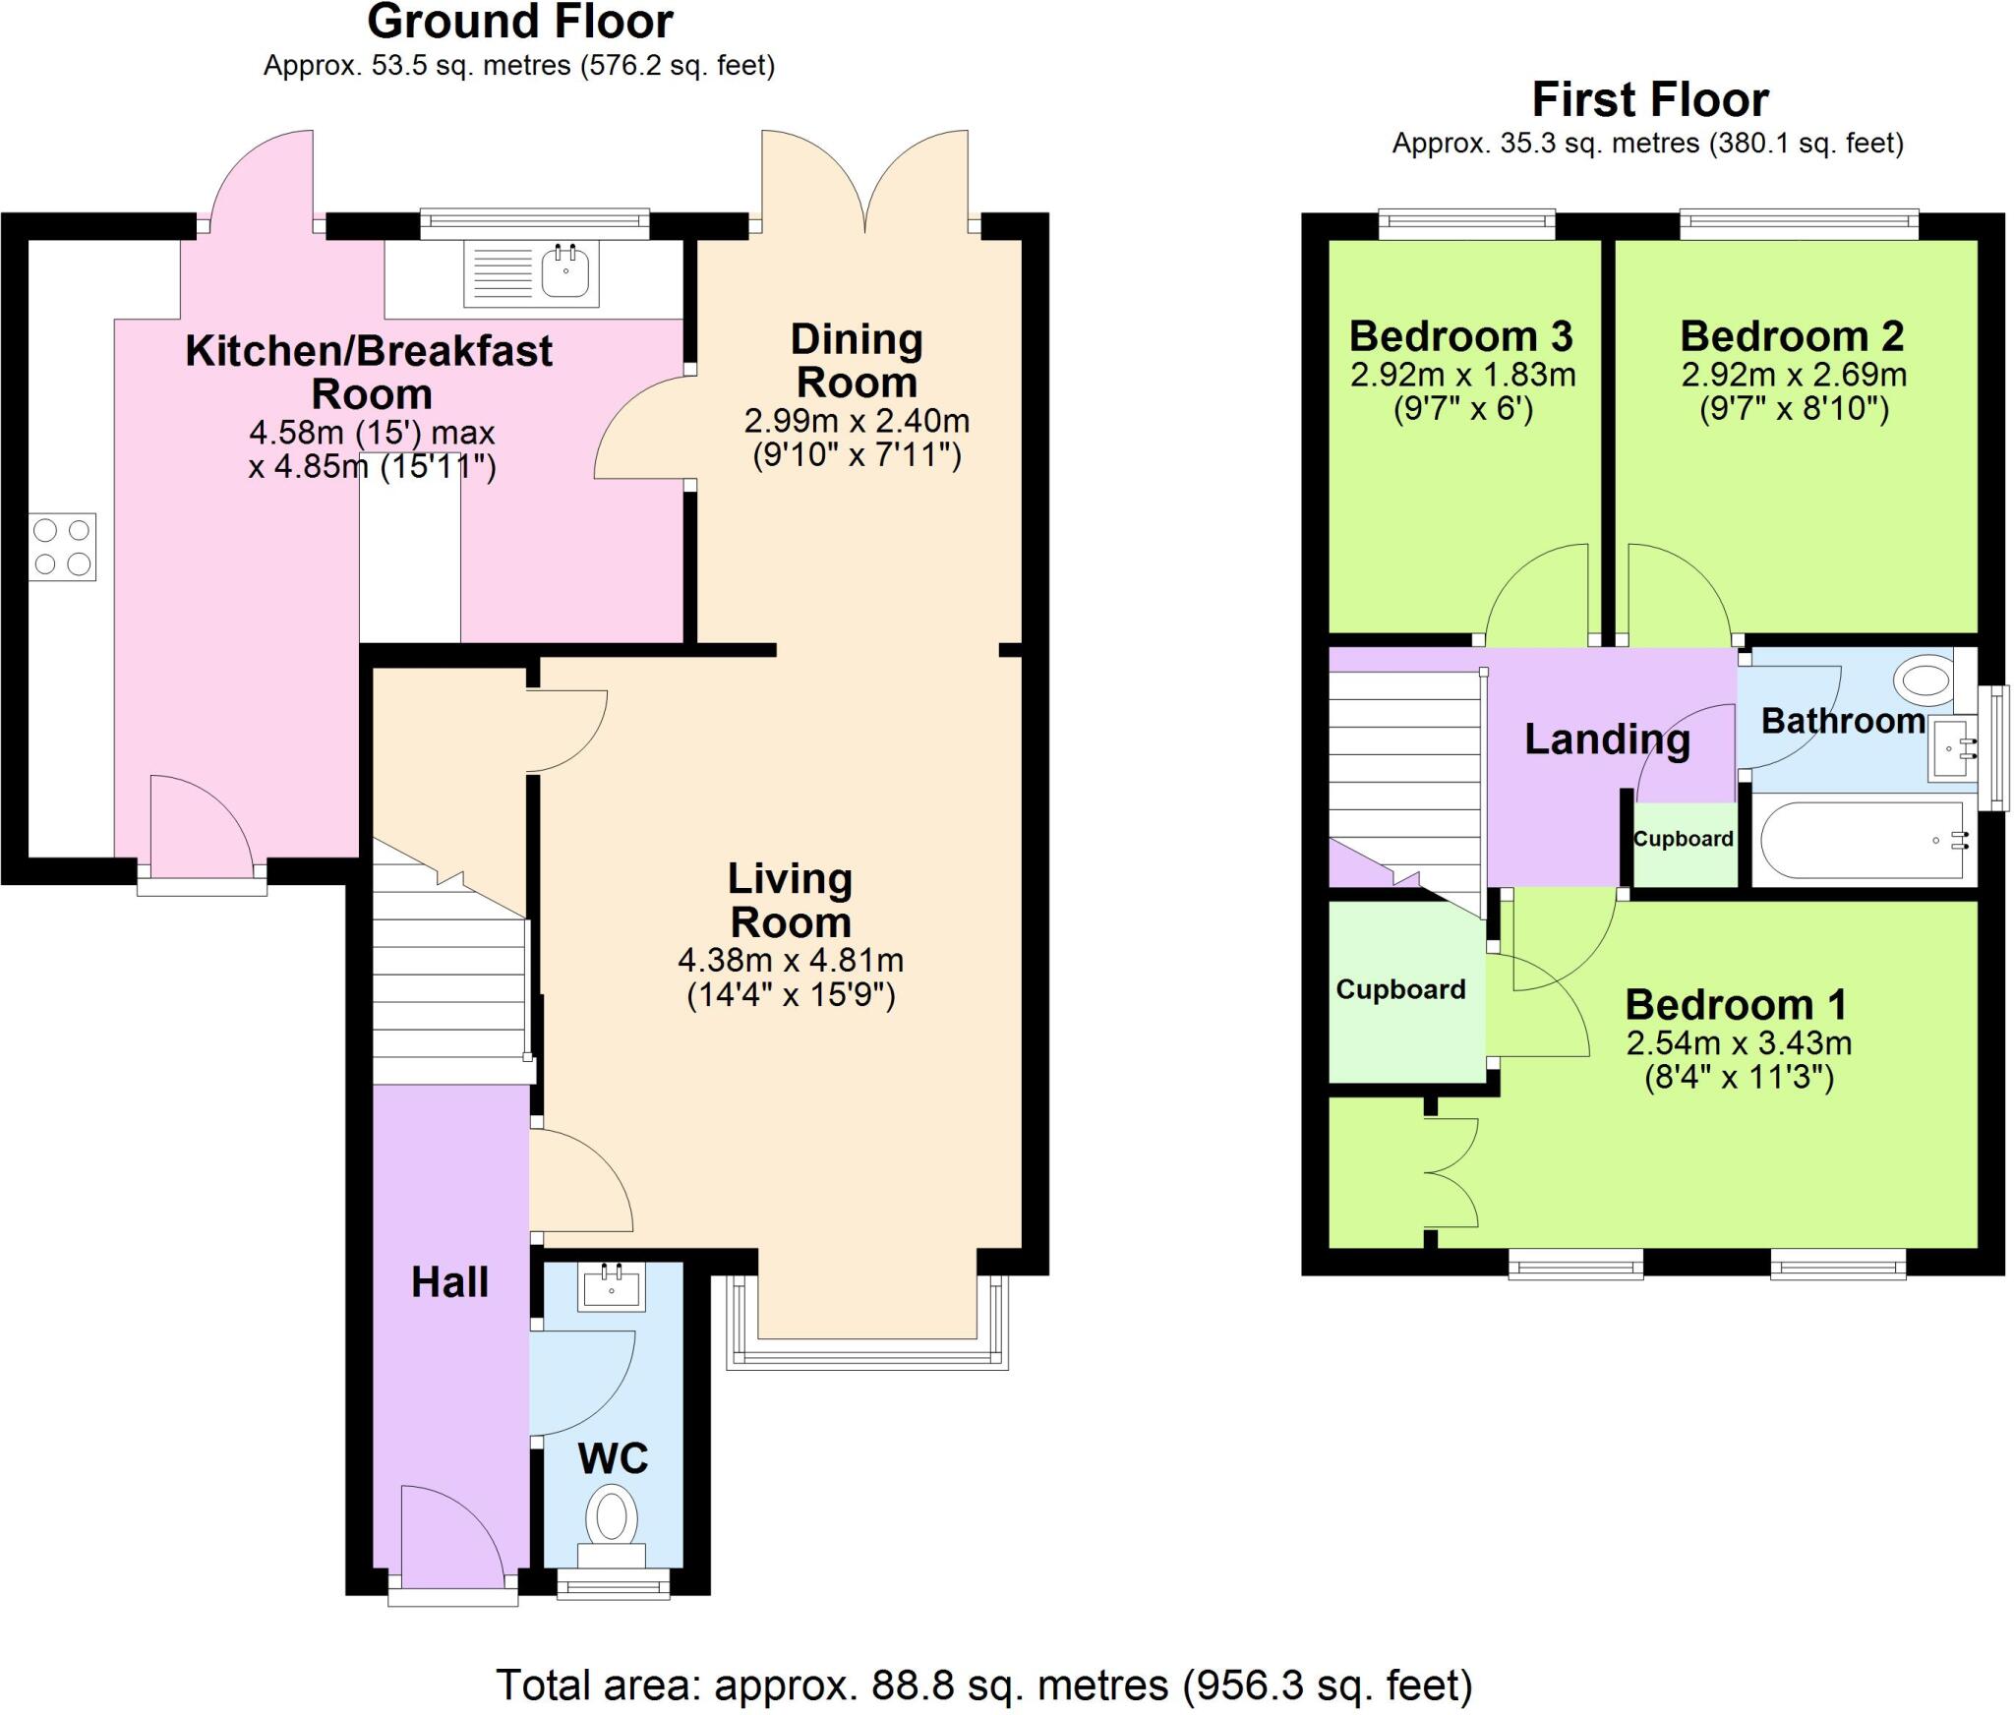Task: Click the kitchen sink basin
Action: click(565, 270)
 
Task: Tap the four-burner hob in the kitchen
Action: click(62, 547)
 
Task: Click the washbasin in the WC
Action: click(612, 1287)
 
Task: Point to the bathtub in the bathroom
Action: click(1862, 841)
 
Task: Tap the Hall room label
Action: click(449, 1282)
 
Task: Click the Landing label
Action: click(1607, 739)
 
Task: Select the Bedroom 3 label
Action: click(1460, 336)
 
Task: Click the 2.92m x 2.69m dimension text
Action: click(1793, 375)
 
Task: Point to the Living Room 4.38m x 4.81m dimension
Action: click(790, 960)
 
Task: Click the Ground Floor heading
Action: click(519, 22)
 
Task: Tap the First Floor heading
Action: click(1649, 100)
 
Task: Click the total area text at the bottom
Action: click(983, 1685)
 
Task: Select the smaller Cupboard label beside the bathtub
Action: click(1683, 839)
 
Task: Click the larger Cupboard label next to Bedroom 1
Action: click(1400, 989)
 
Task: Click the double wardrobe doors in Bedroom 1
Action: click(1451, 1172)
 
